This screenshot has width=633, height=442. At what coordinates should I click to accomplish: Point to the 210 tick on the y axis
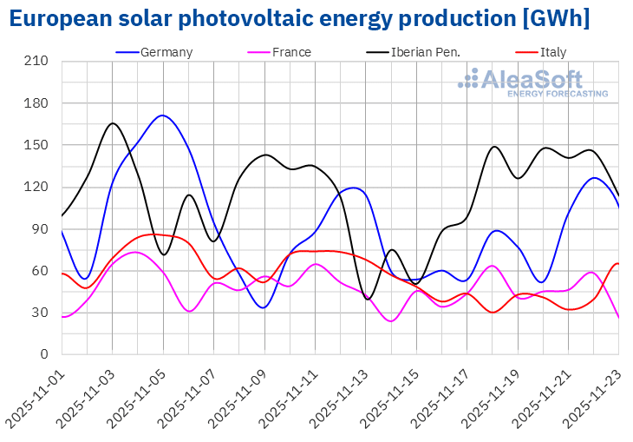point(36,62)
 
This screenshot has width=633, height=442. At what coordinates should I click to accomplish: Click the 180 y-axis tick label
point(36,103)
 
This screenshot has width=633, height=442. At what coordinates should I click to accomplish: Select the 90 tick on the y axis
point(40,229)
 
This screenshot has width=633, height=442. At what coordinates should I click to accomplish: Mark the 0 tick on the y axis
point(43,354)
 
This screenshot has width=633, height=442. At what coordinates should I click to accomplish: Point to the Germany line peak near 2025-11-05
point(162,115)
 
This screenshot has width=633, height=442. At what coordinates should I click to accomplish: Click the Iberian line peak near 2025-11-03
point(113,123)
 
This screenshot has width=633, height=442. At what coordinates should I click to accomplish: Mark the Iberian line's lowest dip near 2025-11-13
point(369,300)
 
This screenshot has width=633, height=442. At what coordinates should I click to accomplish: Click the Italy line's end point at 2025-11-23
point(617,263)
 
